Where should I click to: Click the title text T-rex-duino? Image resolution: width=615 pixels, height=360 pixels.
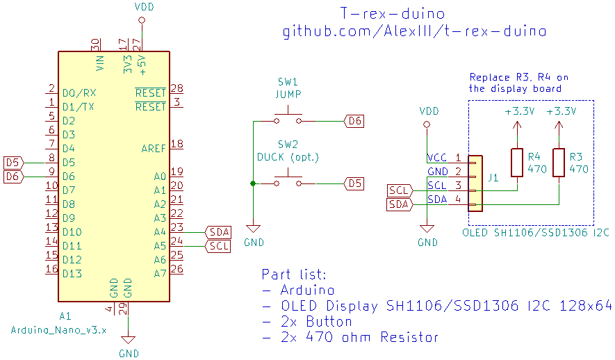coord(393,13)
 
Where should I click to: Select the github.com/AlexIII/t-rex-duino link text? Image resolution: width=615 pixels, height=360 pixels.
coord(414,31)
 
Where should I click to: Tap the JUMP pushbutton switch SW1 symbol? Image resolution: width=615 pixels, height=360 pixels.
coord(288,117)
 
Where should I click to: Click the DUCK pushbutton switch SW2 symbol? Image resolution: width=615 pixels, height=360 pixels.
coord(288,181)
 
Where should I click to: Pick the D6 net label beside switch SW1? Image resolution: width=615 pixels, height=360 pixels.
coord(354,121)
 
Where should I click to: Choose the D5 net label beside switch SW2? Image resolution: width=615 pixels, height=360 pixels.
coord(354,183)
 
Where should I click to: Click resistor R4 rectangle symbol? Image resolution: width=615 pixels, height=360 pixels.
coord(516,163)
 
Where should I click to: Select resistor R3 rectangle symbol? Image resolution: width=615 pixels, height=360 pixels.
coord(558,163)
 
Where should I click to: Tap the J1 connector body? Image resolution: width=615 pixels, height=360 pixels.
coord(475,183)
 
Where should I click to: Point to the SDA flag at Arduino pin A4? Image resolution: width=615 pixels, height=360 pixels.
coord(219,232)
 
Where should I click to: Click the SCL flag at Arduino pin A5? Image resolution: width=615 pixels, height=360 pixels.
coord(219,246)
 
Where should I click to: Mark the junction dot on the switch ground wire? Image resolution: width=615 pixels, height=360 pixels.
coord(253,183)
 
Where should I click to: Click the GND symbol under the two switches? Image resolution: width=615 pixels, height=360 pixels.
coord(253,229)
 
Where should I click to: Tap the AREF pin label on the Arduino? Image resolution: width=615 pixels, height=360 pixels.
coord(154,148)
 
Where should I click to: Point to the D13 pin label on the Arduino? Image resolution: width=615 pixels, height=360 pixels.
coord(72,274)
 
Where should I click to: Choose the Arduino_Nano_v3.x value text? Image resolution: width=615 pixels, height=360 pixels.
coord(58,330)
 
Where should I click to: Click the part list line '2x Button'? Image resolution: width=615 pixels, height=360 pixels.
coord(307,322)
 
